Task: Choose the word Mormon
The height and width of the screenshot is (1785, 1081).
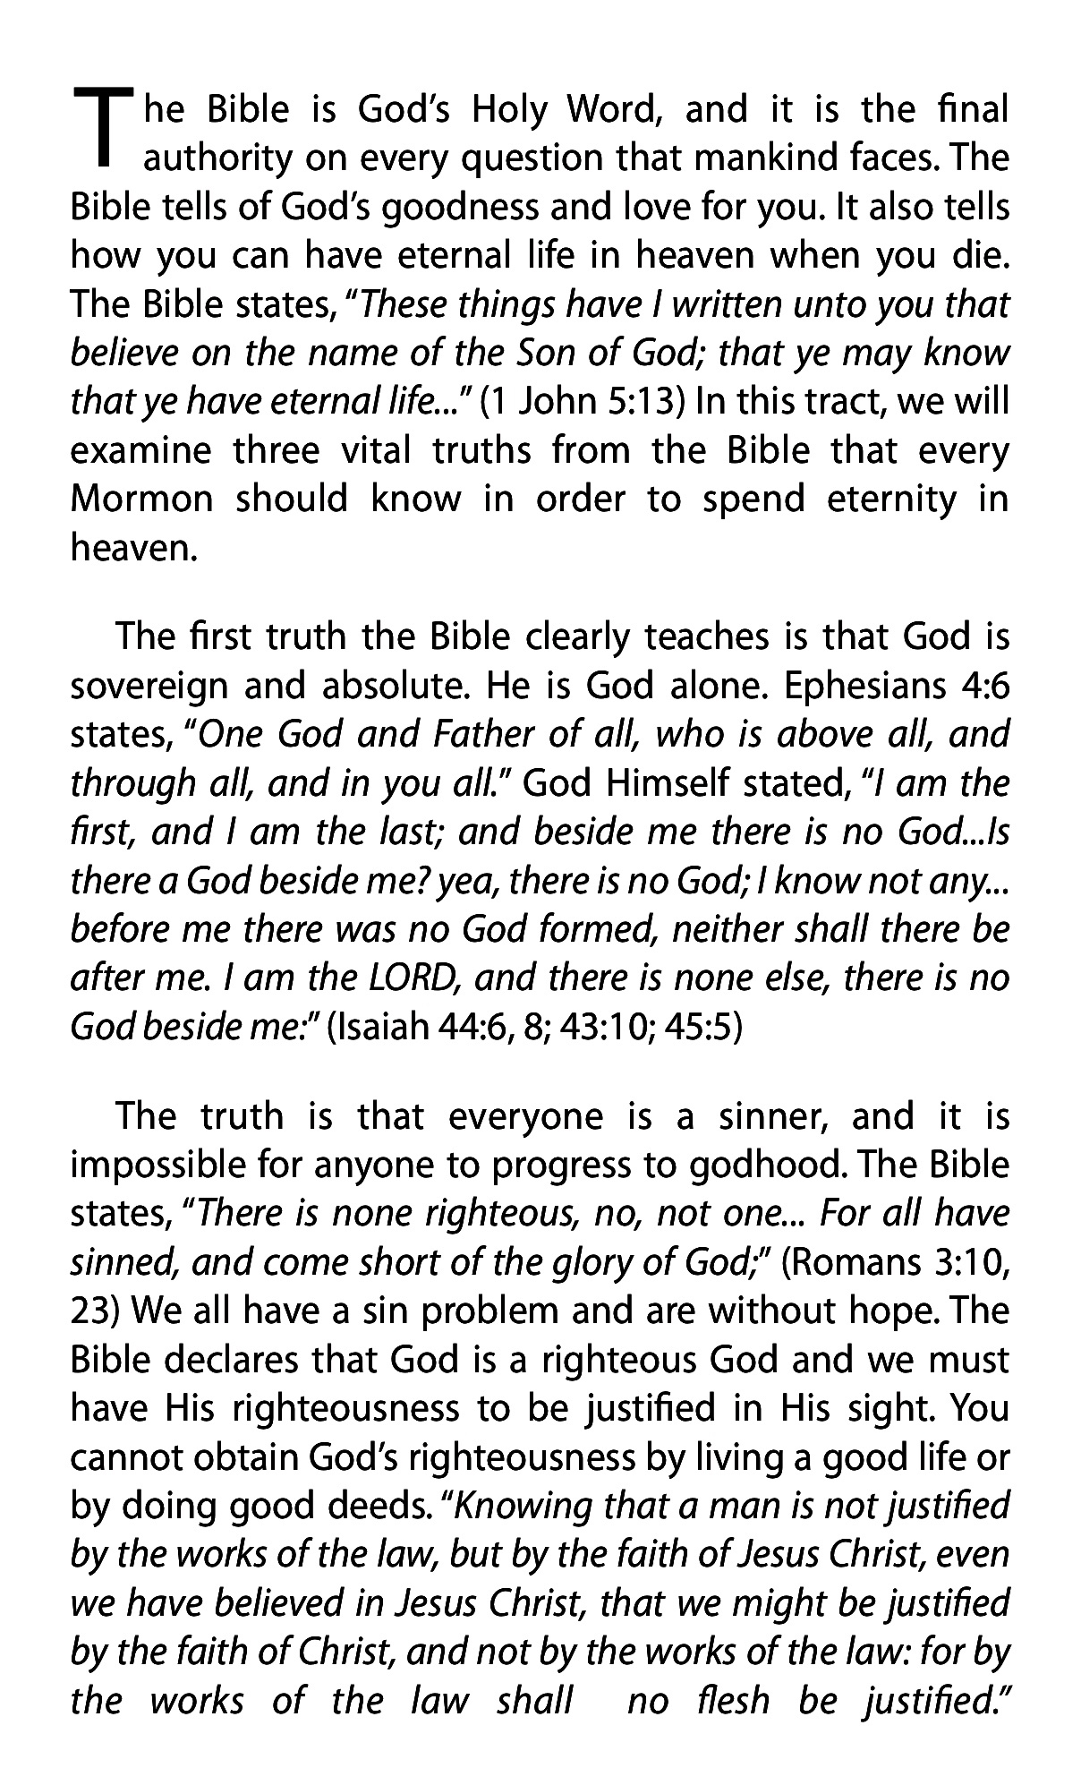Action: [141, 499]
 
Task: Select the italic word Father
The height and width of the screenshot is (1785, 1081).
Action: [484, 735]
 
